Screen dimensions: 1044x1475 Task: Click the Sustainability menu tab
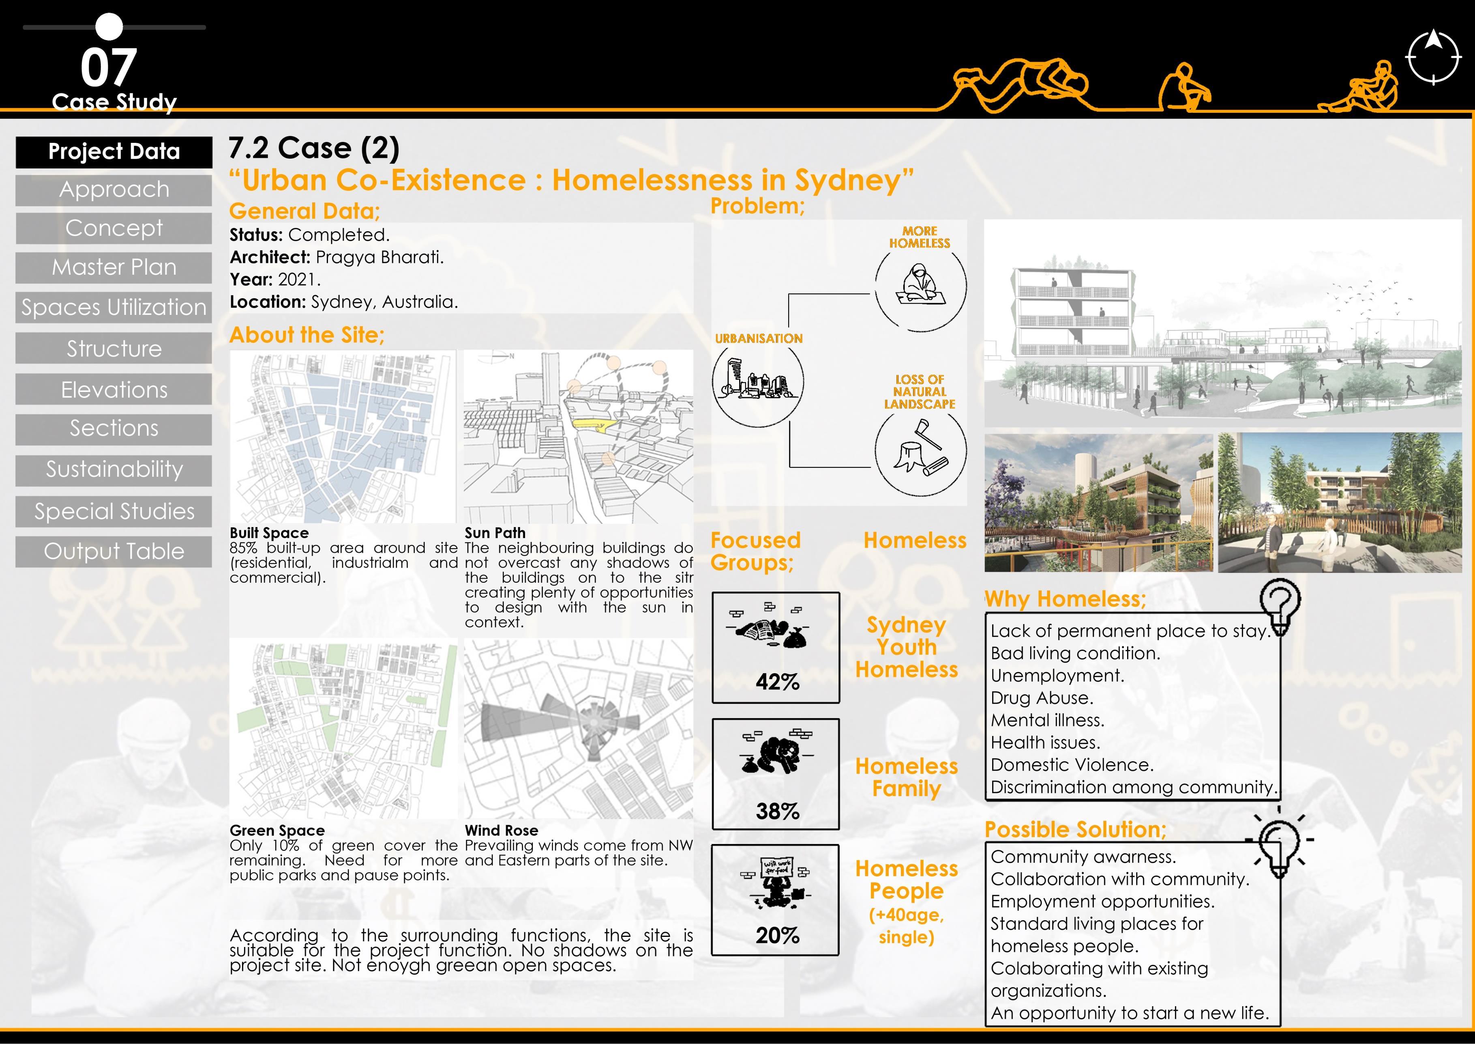(x=114, y=470)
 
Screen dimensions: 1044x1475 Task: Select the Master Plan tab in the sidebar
(x=114, y=267)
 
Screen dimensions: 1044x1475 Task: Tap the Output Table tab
(x=114, y=551)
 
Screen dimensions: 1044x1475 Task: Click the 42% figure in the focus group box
(x=777, y=681)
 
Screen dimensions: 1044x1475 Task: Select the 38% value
(x=777, y=811)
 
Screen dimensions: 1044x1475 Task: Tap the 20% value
(x=777, y=935)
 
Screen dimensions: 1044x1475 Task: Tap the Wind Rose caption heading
(x=501, y=831)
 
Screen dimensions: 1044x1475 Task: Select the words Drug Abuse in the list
(x=1041, y=698)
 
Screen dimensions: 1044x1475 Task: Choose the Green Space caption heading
(x=277, y=831)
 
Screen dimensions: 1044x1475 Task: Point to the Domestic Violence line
(x=1072, y=765)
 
